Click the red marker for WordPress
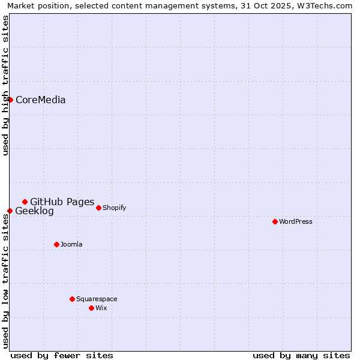click(275, 221)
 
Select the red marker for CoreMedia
click(10, 100)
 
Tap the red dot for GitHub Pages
click(25, 202)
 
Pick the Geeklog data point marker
click(10, 211)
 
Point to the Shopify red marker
click(98, 208)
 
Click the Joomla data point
click(56, 244)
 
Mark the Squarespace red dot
click(72, 299)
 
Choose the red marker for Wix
click(91, 308)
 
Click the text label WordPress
click(296, 221)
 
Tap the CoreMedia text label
click(41, 100)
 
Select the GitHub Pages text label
click(62, 202)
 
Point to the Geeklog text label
click(34, 211)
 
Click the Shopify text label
click(115, 208)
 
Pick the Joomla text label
click(71, 244)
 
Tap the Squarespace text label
click(97, 299)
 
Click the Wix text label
click(101, 308)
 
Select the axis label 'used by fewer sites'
click(62, 355)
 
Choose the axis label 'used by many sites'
click(301, 355)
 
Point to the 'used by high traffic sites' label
click(5, 85)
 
